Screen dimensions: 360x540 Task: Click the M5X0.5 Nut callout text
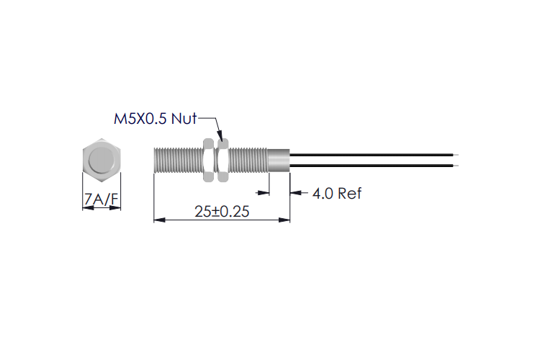coord(155,118)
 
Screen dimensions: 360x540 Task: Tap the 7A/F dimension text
coord(102,199)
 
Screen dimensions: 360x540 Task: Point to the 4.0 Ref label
coord(337,193)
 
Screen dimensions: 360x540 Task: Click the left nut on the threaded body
coord(208,158)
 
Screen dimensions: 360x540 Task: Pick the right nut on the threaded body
coord(223,158)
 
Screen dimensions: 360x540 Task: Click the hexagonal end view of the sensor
coord(102,159)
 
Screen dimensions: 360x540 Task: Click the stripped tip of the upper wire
coord(452,153)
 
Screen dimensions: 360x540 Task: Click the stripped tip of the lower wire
coord(452,165)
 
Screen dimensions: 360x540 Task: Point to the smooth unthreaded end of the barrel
coord(279,159)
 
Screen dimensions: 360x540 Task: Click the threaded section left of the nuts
coord(178,159)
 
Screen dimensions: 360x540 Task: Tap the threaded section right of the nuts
coord(248,159)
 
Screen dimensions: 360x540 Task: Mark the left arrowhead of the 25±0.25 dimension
coord(159,220)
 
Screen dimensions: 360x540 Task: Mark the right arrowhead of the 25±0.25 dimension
coord(285,220)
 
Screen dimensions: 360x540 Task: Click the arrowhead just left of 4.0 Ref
coord(295,193)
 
